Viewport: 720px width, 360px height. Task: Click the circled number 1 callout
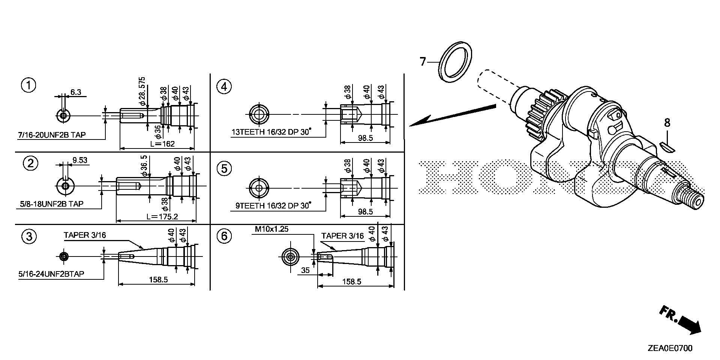pyautogui.click(x=28, y=85)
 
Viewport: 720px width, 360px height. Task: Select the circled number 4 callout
pyautogui.click(x=224, y=87)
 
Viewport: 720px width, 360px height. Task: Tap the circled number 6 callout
pyautogui.click(x=224, y=236)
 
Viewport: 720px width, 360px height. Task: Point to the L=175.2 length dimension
pyautogui.click(x=162, y=216)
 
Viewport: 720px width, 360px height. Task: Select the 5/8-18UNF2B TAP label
pyautogui.click(x=51, y=204)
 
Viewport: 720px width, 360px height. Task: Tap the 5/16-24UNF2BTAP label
pyautogui.click(x=51, y=274)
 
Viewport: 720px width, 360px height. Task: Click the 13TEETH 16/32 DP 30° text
pyautogui.click(x=271, y=132)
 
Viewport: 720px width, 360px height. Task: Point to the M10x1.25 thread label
pyautogui.click(x=271, y=229)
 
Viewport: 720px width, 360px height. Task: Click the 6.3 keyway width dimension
pyautogui.click(x=76, y=92)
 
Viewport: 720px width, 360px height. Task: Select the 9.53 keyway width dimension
pyautogui.click(x=79, y=160)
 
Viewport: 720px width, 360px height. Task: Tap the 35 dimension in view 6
pyautogui.click(x=305, y=270)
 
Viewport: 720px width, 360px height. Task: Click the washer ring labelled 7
pyautogui.click(x=455, y=61)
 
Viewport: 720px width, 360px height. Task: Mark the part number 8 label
pyautogui.click(x=667, y=123)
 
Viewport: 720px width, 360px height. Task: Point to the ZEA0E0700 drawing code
pyautogui.click(x=669, y=348)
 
